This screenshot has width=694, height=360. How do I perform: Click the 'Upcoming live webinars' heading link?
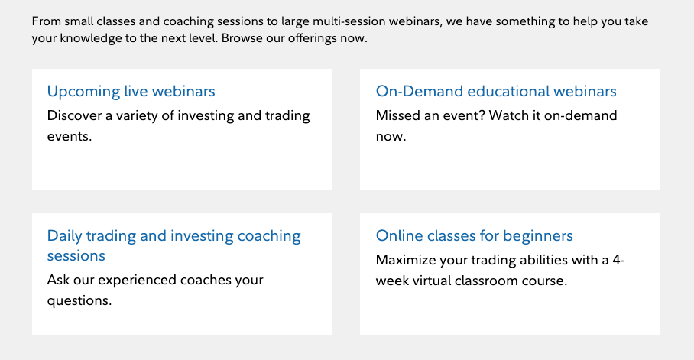pyautogui.click(x=131, y=92)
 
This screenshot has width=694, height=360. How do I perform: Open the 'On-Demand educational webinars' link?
pyautogui.click(x=496, y=91)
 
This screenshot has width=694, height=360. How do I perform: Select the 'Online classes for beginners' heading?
pyautogui.click(x=475, y=236)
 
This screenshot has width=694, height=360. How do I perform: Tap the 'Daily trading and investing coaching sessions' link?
pyautogui.click(x=174, y=246)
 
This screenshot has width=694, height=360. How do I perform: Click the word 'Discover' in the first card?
pyautogui.click(x=74, y=115)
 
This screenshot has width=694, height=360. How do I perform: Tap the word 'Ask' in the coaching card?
pyautogui.click(x=58, y=280)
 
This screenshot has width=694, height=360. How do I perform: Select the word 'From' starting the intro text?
pyautogui.click(x=47, y=21)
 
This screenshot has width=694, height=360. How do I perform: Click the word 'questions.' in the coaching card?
pyautogui.click(x=79, y=301)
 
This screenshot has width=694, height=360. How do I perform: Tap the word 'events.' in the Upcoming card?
pyautogui.click(x=70, y=136)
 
